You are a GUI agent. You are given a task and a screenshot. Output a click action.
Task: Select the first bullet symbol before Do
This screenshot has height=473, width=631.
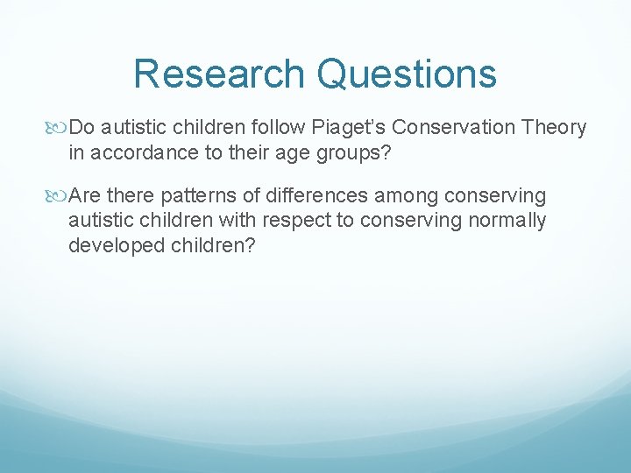(60, 128)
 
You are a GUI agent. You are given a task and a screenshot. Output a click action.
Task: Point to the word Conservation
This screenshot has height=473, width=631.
(456, 128)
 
